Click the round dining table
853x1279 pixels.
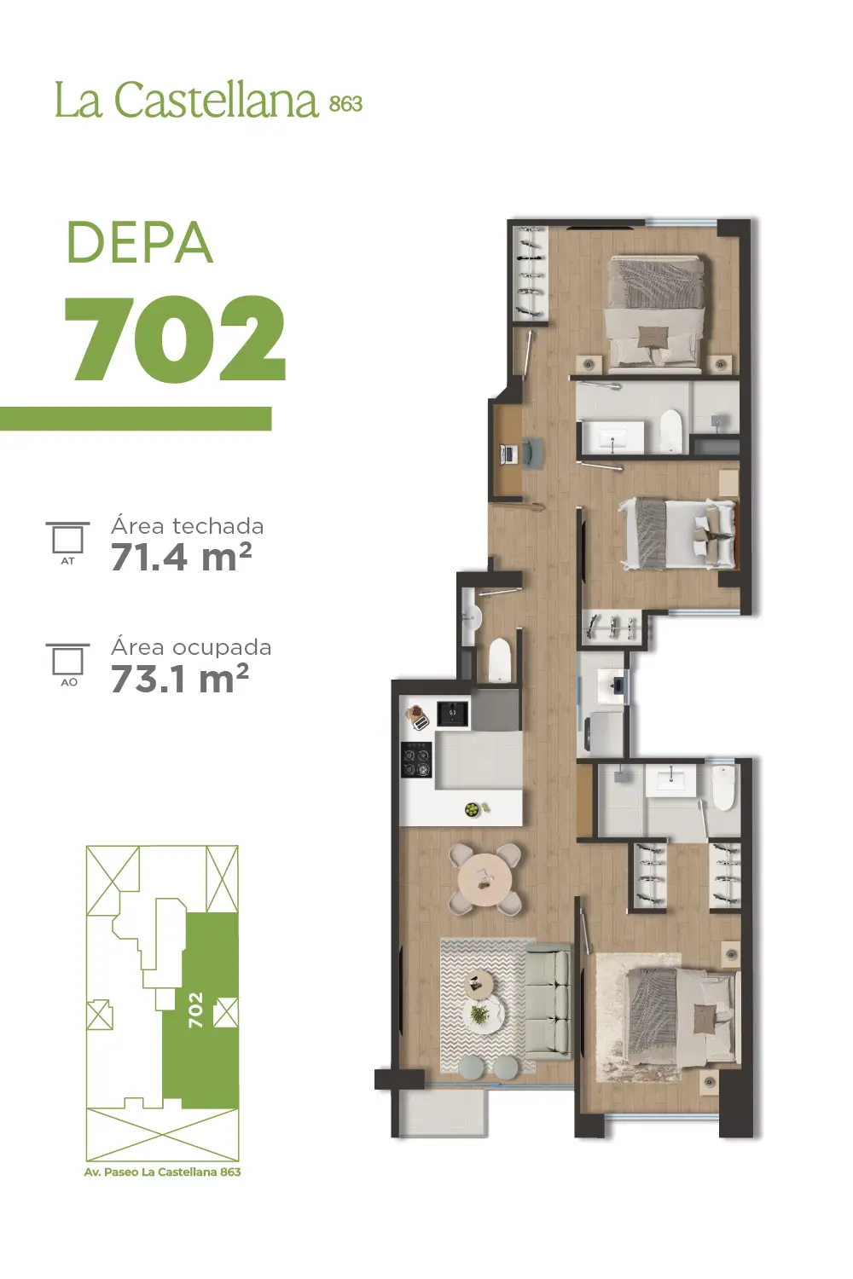tap(485, 880)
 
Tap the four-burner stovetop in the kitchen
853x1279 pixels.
tap(416, 760)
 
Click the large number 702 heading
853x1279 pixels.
tap(175, 338)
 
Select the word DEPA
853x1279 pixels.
tap(140, 243)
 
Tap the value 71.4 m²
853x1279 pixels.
tap(181, 558)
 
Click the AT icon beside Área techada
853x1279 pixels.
tap(67, 543)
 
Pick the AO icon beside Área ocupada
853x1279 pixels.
tap(68, 664)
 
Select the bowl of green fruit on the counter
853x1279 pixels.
tap(473, 810)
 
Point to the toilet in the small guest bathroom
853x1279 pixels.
tap(499, 661)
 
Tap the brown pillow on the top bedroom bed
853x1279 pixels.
tap(653, 336)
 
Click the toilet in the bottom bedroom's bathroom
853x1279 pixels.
tap(722, 789)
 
